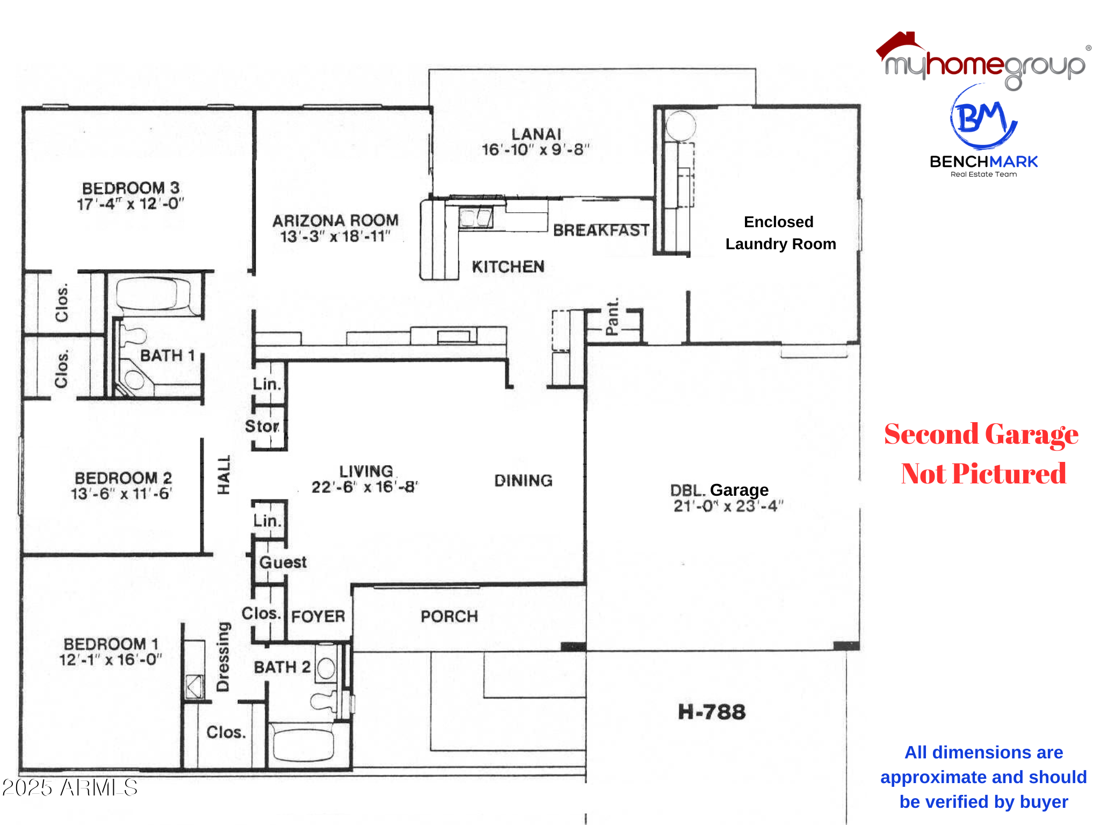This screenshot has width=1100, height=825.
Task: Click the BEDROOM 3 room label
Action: (x=131, y=188)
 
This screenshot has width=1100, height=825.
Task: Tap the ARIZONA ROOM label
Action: (x=335, y=220)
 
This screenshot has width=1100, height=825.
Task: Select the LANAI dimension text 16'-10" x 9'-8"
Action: (x=535, y=149)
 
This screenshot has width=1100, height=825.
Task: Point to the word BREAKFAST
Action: (x=601, y=230)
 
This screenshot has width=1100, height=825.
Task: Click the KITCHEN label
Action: (x=508, y=267)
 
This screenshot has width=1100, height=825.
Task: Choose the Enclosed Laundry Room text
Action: (x=780, y=233)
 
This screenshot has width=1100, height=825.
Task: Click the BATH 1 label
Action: (x=167, y=356)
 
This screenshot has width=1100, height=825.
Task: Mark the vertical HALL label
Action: (x=223, y=475)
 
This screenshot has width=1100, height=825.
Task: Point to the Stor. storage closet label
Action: (x=262, y=426)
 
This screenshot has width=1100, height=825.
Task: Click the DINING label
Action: (x=523, y=481)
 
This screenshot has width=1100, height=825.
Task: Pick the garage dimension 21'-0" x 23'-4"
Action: (x=728, y=506)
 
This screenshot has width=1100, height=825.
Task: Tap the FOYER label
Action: (x=318, y=616)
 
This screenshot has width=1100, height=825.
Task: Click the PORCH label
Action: (x=449, y=616)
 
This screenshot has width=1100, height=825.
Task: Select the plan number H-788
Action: (x=712, y=712)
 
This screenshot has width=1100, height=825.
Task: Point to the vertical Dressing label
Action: (x=223, y=656)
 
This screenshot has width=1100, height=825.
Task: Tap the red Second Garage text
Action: (x=981, y=435)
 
